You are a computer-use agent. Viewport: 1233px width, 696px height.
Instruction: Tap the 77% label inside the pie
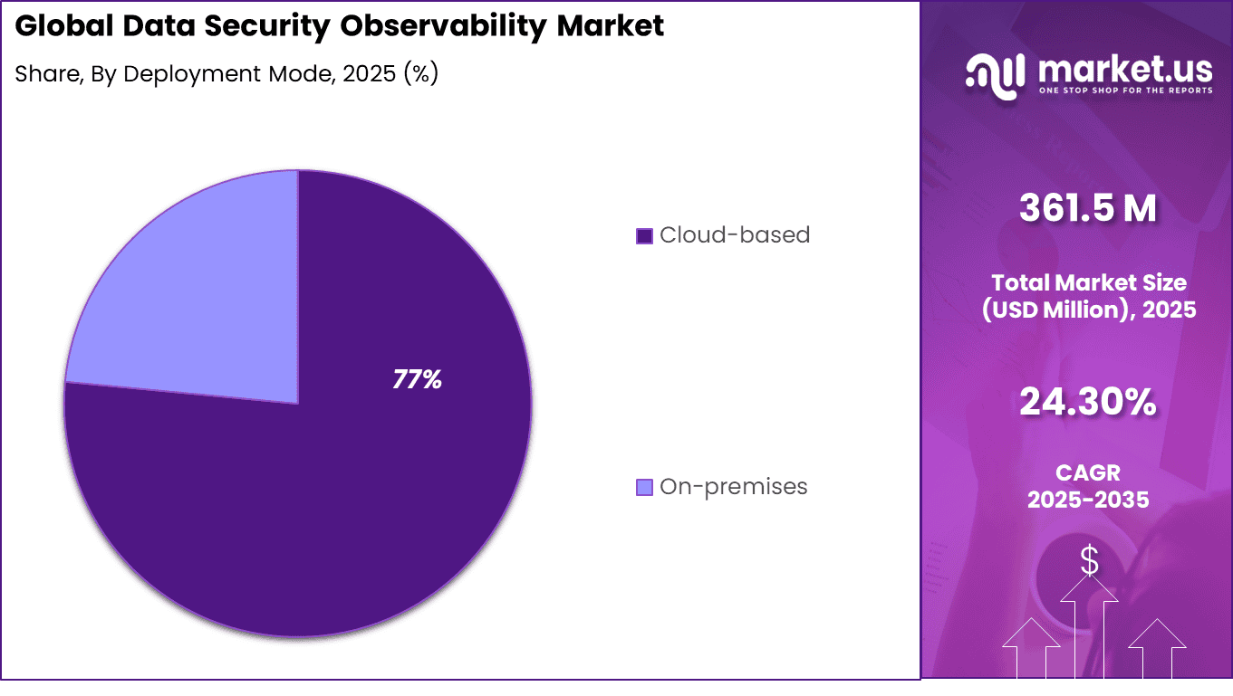point(417,380)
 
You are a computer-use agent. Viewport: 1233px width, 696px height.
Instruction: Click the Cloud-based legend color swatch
point(644,236)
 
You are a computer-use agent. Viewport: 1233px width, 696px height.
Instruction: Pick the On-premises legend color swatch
point(644,488)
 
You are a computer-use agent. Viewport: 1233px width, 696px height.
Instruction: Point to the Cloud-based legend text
point(735,235)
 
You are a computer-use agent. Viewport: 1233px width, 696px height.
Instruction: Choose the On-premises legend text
point(733,487)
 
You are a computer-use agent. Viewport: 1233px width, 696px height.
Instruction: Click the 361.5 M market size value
point(1088,208)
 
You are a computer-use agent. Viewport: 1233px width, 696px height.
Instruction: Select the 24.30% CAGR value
point(1088,403)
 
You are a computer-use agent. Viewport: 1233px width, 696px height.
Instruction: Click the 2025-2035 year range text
point(1088,500)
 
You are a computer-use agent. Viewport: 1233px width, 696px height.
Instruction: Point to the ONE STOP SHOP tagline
point(1124,91)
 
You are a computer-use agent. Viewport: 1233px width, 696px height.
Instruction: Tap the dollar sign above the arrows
point(1089,561)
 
